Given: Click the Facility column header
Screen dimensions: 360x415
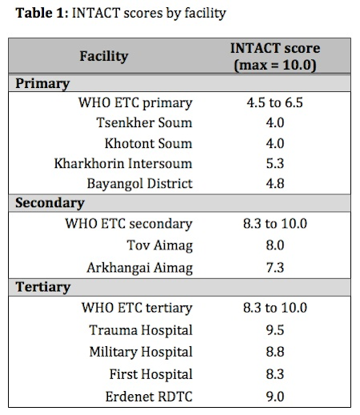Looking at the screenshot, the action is tap(104, 57).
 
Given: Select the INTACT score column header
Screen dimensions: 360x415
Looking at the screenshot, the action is tap(275, 57).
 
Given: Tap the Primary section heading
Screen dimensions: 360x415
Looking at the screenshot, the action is tap(42, 84).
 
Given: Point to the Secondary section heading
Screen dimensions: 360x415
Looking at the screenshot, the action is tap(50, 203).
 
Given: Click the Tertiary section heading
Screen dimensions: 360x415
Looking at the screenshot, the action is tap(43, 288).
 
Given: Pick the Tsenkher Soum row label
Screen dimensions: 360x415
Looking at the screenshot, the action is tap(144, 122).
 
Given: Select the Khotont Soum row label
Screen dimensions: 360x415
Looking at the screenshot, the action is tap(148, 143).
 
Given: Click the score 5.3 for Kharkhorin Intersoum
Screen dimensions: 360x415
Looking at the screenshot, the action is tap(275, 163).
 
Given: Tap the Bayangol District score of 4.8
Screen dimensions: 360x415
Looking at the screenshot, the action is tap(275, 184).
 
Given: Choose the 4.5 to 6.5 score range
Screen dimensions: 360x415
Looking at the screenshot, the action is tap(275, 103).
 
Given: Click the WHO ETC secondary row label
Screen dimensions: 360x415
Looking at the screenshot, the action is tap(129, 224).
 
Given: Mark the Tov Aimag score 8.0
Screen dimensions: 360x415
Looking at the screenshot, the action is tap(275, 245).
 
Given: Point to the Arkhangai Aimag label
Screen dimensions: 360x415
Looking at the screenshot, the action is tap(140, 268).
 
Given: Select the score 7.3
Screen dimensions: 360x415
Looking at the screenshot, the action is tap(275, 268).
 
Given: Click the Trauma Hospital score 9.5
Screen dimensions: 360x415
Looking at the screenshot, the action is tap(275, 330).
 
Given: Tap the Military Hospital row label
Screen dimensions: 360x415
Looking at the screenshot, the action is tap(141, 353).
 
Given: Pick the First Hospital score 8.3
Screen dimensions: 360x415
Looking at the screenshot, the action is tap(275, 374).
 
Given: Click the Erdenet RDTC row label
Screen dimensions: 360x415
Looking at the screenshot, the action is tap(149, 397).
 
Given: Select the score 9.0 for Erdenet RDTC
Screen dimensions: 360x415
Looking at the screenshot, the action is tap(275, 397).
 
